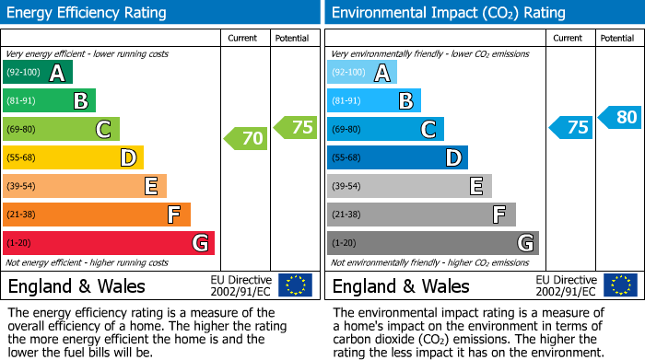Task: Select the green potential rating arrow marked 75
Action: point(296,128)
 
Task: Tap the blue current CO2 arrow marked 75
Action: point(570,128)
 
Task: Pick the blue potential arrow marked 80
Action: point(620,117)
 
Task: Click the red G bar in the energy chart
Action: point(108,243)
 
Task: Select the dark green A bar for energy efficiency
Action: point(37,73)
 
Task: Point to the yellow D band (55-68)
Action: point(73,157)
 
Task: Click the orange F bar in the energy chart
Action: point(96,215)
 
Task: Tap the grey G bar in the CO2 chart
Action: point(432,243)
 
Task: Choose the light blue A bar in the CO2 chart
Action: point(361,73)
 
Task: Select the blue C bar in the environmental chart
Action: point(385,129)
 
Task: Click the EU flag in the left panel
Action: point(295,285)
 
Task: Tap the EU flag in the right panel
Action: point(620,285)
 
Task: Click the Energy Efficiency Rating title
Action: point(88,13)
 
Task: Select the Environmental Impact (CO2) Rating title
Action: point(448,13)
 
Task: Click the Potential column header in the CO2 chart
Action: point(616,38)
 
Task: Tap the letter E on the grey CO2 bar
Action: point(476,186)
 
